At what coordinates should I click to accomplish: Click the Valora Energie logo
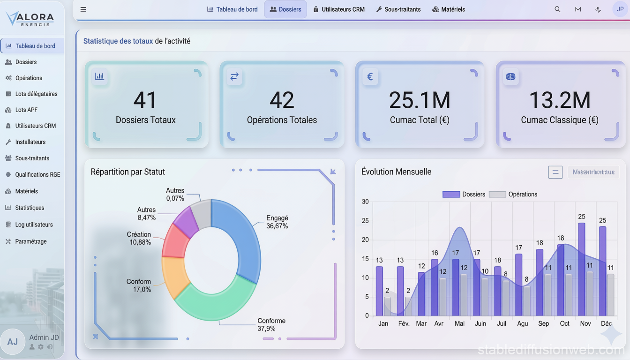[x=30, y=19]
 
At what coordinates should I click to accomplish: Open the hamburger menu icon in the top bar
[x=83, y=9]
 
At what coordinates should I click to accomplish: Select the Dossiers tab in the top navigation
[x=285, y=9]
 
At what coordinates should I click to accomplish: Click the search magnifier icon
[x=557, y=9]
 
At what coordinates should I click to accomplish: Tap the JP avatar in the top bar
[x=620, y=9]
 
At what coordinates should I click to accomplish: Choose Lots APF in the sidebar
[x=26, y=110]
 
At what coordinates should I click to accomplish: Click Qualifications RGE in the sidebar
[x=37, y=174]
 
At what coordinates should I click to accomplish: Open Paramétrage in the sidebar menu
[x=31, y=241]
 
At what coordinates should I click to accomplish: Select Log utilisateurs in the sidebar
[x=34, y=225]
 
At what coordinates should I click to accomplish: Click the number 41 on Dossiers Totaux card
[x=145, y=100]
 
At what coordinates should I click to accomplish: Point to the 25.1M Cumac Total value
[x=420, y=100]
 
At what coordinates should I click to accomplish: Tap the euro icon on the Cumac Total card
[x=370, y=76]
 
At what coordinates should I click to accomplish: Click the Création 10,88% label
[x=139, y=238]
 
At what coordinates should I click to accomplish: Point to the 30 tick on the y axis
[x=365, y=202]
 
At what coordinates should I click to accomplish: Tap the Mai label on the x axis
[x=459, y=323]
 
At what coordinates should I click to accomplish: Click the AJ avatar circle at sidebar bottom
[x=13, y=341]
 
